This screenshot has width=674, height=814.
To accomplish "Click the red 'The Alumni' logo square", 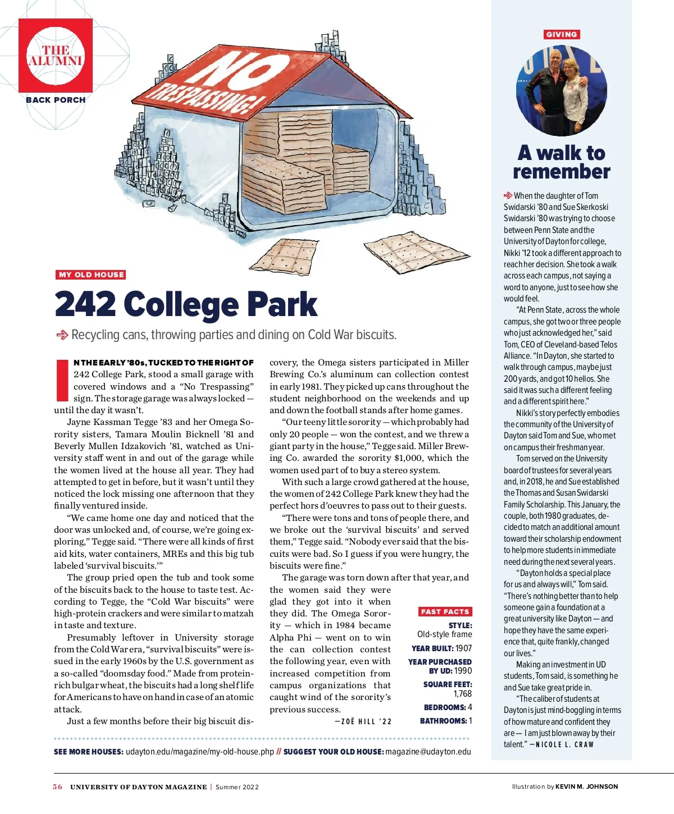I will click(x=55, y=55).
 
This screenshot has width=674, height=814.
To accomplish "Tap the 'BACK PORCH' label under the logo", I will click(x=56, y=100).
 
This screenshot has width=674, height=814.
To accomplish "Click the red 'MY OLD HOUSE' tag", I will click(x=91, y=275).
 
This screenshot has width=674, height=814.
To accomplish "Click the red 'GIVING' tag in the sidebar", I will click(x=561, y=34).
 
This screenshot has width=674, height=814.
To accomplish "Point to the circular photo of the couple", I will click(x=562, y=90).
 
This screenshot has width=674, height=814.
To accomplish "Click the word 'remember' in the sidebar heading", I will click(x=561, y=172).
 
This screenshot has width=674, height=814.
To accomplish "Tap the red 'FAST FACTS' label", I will click(x=445, y=611).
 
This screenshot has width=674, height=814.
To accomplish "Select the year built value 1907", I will click(x=464, y=648).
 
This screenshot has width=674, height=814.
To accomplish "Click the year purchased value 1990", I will click(x=463, y=671).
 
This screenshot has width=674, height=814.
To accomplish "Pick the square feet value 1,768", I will click(x=463, y=694).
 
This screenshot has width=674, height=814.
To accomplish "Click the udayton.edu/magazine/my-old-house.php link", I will click(x=200, y=752).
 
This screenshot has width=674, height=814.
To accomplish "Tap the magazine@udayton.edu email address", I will click(x=429, y=752).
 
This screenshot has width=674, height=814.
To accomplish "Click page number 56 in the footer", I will click(x=57, y=786).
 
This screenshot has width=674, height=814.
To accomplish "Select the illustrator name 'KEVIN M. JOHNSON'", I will click(x=586, y=786).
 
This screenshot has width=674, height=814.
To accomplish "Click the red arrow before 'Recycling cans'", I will click(x=62, y=335).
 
